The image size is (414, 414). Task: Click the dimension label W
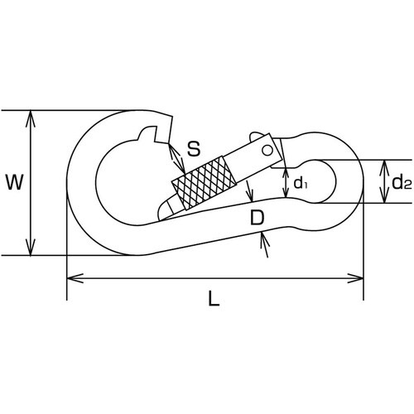[14, 182]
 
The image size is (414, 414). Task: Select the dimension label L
[214, 299]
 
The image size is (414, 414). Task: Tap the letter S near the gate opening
[194, 148]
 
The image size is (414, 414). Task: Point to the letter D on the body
[257, 217]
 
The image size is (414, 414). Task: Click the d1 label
[301, 182]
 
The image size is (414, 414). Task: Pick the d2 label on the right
[402, 182]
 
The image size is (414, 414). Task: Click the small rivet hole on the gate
[267, 151]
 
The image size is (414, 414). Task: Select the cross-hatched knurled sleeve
[205, 183]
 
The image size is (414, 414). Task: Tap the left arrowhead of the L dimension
[75, 278]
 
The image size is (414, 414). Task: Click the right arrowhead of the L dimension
[355, 278]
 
